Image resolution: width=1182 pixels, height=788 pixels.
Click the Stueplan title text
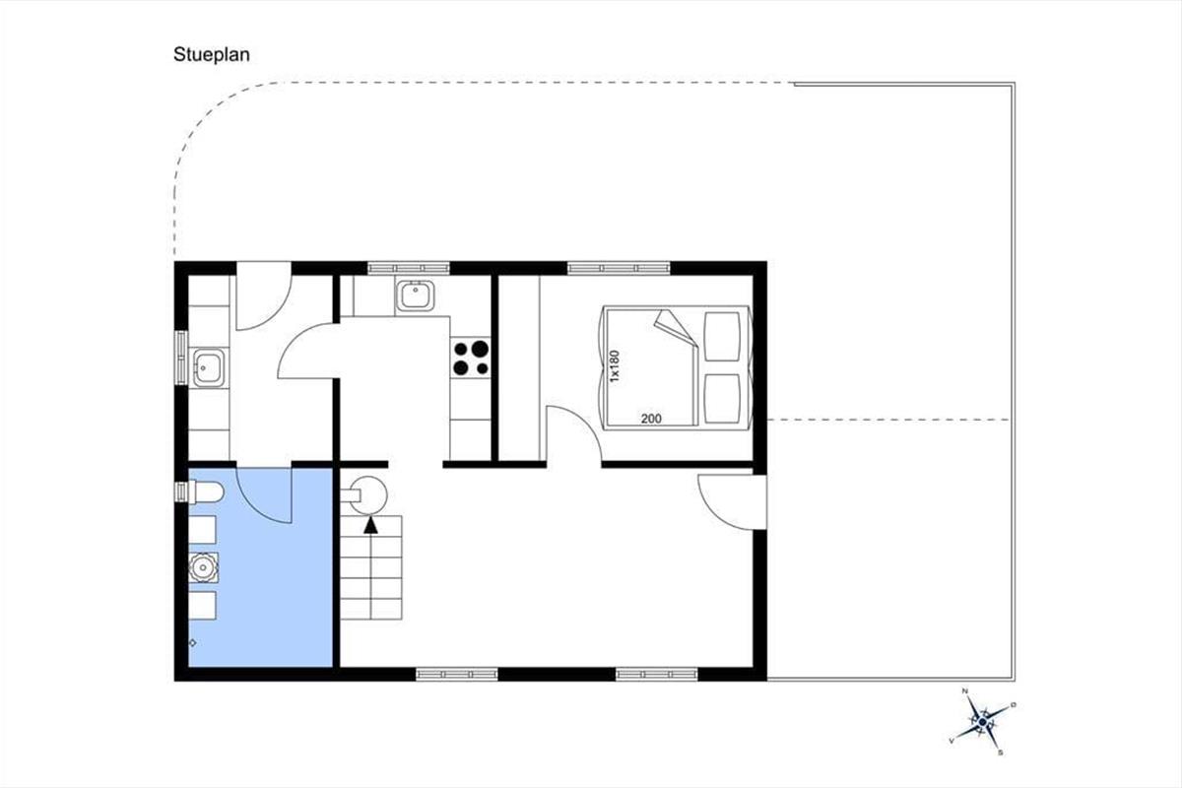click(x=212, y=55)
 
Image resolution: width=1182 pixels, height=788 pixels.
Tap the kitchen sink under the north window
click(x=415, y=295)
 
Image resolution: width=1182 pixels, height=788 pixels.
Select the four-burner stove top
click(x=471, y=358)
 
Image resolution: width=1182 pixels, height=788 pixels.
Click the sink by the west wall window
click(x=209, y=367)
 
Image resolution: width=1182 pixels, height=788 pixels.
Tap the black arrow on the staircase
click(x=371, y=526)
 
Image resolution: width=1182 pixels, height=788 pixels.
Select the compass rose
click(x=981, y=721)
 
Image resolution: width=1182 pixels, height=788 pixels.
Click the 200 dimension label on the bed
click(x=651, y=419)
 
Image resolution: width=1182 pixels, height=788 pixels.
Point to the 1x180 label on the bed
click(x=615, y=365)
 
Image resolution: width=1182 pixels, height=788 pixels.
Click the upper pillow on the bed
click(x=722, y=337)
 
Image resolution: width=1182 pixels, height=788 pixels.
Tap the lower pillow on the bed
click(x=722, y=399)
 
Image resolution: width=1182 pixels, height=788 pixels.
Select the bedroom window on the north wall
click(x=619, y=268)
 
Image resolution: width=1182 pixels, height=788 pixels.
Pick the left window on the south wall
click(x=456, y=674)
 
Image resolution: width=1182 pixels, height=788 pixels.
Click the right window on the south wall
click(x=656, y=674)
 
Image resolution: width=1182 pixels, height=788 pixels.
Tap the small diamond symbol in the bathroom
click(x=193, y=643)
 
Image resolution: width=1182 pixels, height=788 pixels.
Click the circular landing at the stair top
click(x=368, y=495)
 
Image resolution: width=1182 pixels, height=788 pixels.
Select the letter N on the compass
click(x=965, y=690)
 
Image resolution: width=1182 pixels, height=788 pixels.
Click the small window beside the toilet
click(x=181, y=492)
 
